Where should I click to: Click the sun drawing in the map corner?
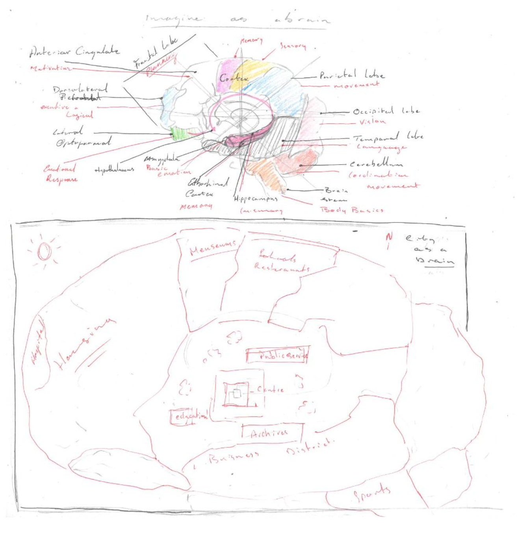(x=44, y=251)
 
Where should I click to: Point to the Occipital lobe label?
(x=386, y=111)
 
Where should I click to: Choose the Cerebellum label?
(x=376, y=164)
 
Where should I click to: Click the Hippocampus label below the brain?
(x=256, y=199)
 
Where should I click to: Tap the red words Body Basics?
(x=352, y=210)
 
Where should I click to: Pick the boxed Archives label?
(x=270, y=433)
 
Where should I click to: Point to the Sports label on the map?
(x=371, y=494)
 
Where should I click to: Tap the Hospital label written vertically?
(x=39, y=342)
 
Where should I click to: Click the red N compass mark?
(x=389, y=238)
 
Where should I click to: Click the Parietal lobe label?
(x=351, y=74)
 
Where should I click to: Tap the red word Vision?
(x=372, y=122)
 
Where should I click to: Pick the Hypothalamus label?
(x=114, y=170)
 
